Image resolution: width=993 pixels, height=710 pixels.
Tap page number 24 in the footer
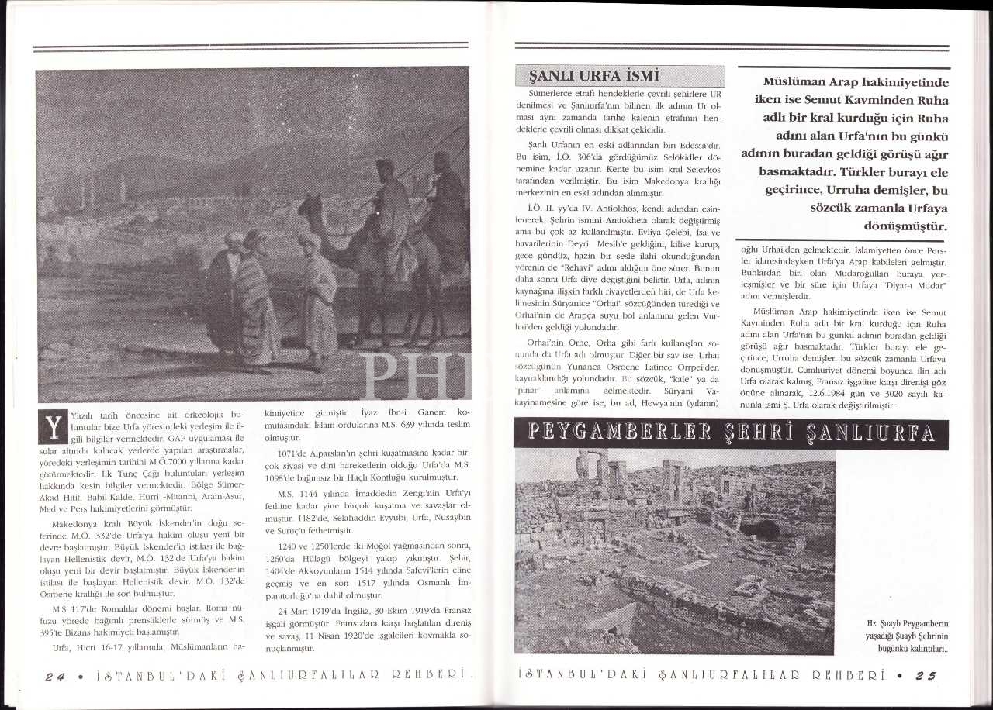pyautogui.click(x=55, y=675)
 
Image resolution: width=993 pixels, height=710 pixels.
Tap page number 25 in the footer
pyautogui.click(x=926, y=675)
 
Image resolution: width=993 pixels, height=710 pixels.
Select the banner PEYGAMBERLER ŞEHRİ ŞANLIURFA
pyautogui.click(x=731, y=434)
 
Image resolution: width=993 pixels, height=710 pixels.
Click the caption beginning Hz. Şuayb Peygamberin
pyautogui.click(x=908, y=636)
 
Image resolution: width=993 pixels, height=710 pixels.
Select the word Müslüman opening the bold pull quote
pyautogui.click(x=798, y=81)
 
